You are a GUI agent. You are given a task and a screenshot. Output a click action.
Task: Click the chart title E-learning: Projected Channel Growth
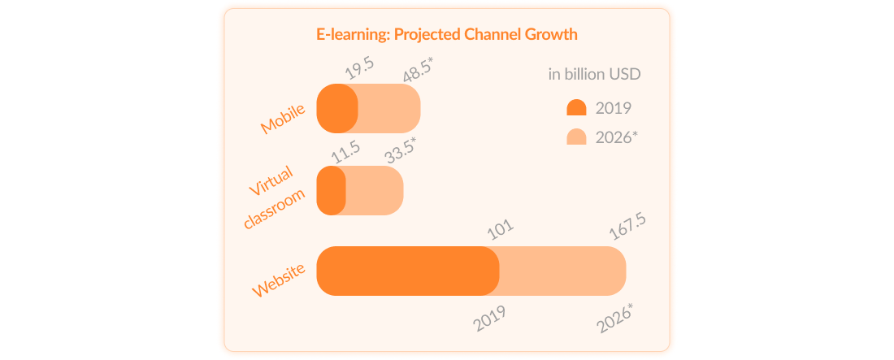[x=447, y=34]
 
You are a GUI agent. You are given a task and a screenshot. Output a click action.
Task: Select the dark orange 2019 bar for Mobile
[x=337, y=108]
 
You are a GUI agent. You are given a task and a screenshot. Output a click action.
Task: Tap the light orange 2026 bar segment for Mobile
[x=389, y=108]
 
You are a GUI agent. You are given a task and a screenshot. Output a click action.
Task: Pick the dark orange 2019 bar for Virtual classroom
[x=331, y=190]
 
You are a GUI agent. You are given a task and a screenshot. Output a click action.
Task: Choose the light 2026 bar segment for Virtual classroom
[x=375, y=190]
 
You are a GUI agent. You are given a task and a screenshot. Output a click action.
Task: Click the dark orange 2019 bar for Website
[x=408, y=271]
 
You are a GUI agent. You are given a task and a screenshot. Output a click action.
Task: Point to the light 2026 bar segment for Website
[x=562, y=271]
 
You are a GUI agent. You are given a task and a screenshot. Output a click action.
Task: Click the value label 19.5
[x=360, y=68]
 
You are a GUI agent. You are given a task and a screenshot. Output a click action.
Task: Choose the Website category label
[x=280, y=280]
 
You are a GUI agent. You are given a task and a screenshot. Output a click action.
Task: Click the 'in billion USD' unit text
[x=595, y=75]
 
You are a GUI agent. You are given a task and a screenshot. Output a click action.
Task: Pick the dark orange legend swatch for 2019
[x=576, y=107]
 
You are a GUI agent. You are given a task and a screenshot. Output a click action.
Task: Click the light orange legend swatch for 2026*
[x=576, y=137]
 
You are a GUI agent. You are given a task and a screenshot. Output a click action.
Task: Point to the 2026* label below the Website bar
[x=615, y=319]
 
